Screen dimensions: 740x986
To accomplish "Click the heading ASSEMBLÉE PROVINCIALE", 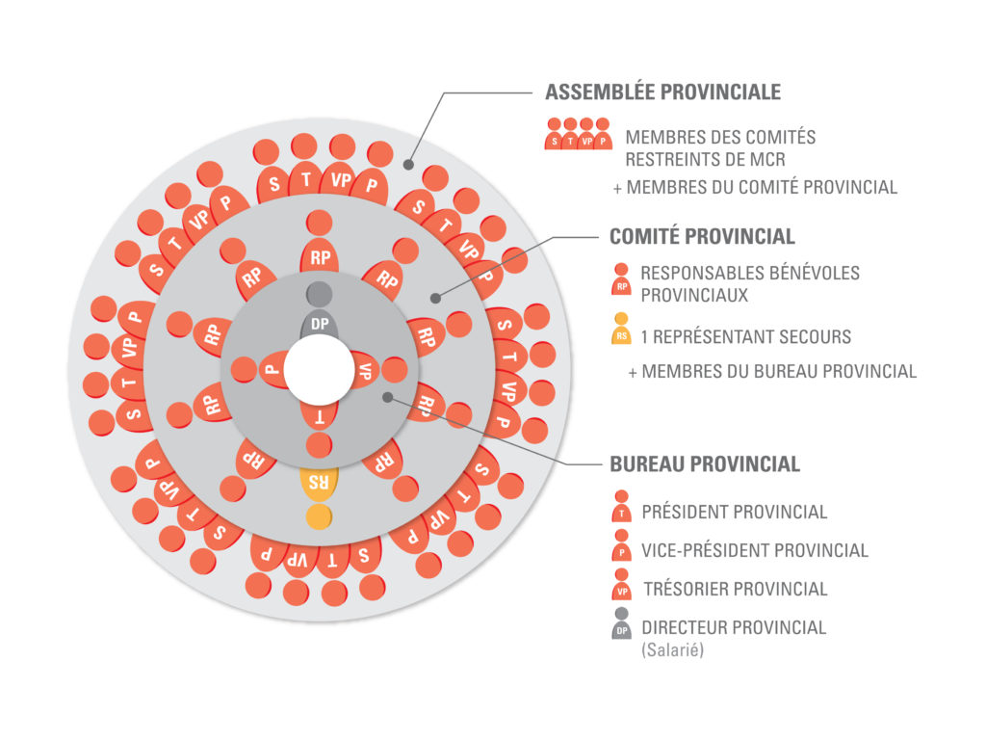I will coord(662,92).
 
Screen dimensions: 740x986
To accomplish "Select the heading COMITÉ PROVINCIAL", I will coord(702,236).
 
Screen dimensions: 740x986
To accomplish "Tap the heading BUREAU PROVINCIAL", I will coord(705,463).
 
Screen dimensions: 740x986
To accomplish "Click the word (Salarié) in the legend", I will coord(673,650).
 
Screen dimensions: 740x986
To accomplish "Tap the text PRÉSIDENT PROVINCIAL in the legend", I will coord(735,512).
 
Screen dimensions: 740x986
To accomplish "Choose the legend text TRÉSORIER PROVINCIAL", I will coord(735,589).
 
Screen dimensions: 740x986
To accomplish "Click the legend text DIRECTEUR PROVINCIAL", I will coord(734,627).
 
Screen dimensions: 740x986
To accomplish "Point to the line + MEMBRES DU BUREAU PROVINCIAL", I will coord(772,371).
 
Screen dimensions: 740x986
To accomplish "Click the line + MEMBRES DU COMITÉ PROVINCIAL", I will coord(756,187).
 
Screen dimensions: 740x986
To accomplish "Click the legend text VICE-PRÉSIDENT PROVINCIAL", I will coord(755,550).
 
